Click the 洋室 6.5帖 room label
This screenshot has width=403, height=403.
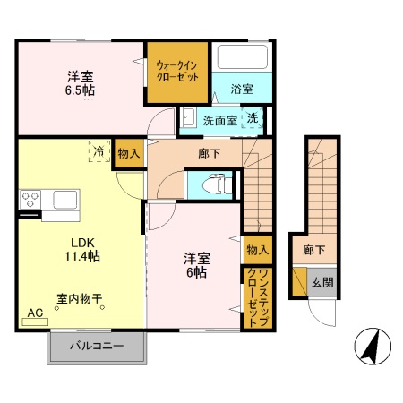[x=80, y=82]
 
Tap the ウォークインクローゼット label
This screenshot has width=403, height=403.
[x=178, y=71]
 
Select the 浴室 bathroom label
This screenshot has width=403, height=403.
[x=241, y=90]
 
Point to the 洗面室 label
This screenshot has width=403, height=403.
[x=219, y=119]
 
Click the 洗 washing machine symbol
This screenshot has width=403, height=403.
[x=253, y=119]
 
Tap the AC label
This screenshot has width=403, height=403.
[x=35, y=313]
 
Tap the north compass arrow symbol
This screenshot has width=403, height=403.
[x=370, y=346]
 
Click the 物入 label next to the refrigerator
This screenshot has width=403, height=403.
[x=128, y=154]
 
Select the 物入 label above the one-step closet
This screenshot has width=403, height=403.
[x=256, y=248]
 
